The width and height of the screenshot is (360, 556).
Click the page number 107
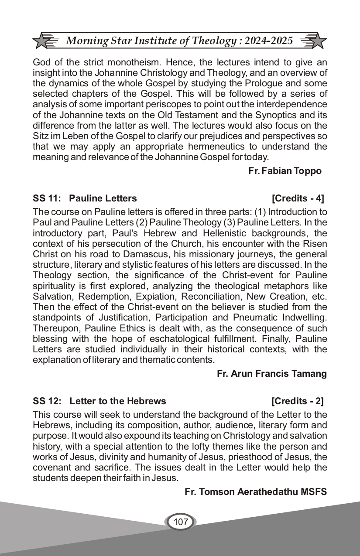click(180, 522)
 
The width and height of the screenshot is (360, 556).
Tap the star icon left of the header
click(42, 41)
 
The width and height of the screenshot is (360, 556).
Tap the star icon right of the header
click(317, 41)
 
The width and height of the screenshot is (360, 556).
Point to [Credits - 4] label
click(298, 198)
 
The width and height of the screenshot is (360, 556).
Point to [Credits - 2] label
click(298, 401)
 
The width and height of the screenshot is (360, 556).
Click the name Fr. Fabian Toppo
click(285, 171)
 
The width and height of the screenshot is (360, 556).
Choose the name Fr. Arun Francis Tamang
click(271, 373)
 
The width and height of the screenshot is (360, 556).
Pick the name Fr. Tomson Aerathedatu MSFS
click(256, 492)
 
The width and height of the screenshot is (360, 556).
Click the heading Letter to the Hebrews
click(118, 401)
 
